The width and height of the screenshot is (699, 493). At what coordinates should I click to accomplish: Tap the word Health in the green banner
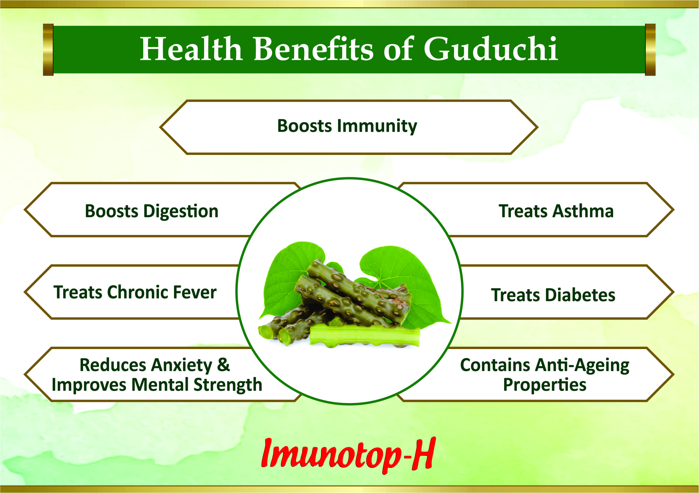[x=191, y=49]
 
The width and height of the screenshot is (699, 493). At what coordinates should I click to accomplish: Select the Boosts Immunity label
[x=347, y=126]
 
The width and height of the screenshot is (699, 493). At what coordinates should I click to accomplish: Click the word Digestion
[x=181, y=211]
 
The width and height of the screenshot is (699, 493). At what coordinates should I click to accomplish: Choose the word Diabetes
[x=581, y=295]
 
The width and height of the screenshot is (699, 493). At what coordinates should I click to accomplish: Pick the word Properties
[x=544, y=385]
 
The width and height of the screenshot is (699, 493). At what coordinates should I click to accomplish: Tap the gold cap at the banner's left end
[x=48, y=50]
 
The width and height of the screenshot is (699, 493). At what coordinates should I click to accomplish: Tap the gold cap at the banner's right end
[x=650, y=50]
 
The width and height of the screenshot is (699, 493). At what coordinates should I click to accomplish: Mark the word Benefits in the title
[x=313, y=49]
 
